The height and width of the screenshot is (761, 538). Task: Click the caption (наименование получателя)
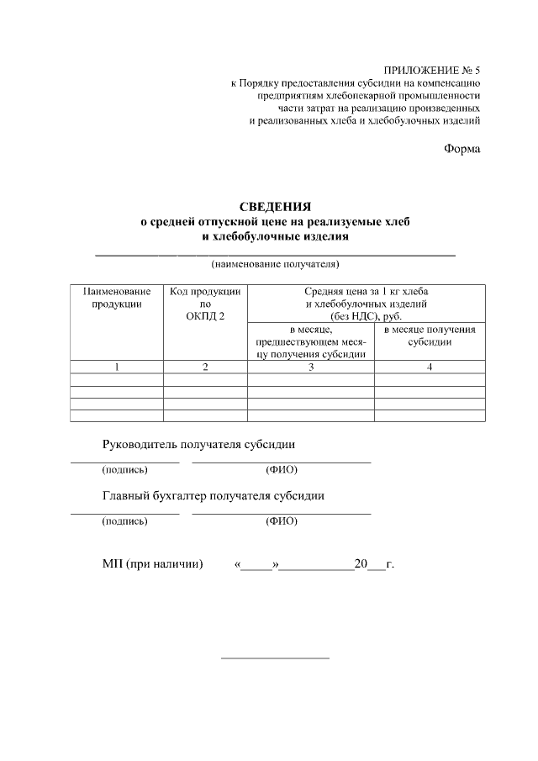click(x=275, y=264)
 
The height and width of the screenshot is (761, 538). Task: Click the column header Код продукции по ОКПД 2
click(x=205, y=303)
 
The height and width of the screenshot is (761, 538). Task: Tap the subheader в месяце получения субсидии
click(x=430, y=336)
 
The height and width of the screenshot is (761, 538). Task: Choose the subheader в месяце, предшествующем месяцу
click(x=310, y=342)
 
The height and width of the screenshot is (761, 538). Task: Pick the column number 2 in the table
click(x=205, y=367)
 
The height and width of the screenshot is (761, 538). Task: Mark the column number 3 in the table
click(x=310, y=367)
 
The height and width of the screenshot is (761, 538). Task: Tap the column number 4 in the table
click(x=430, y=367)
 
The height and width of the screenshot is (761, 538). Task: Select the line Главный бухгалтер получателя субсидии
click(x=214, y=495)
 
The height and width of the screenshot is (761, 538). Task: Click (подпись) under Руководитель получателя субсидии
click(x=124, y=469)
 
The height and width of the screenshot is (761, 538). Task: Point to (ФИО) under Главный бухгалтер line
click(x=281, y=521)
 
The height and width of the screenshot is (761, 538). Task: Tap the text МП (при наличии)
click(x=153, y=564)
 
